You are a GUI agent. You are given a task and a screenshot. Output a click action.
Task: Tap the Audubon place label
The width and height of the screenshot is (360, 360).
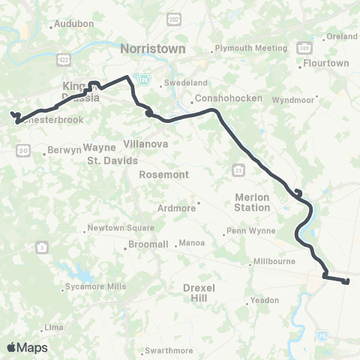[74, 24]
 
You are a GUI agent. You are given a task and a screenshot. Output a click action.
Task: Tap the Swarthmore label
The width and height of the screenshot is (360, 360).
[171, 350]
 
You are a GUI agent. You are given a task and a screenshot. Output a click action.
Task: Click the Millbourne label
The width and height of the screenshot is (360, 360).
[278, 262]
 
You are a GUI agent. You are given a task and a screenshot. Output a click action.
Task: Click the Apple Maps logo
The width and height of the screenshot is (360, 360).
[27, 346]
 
